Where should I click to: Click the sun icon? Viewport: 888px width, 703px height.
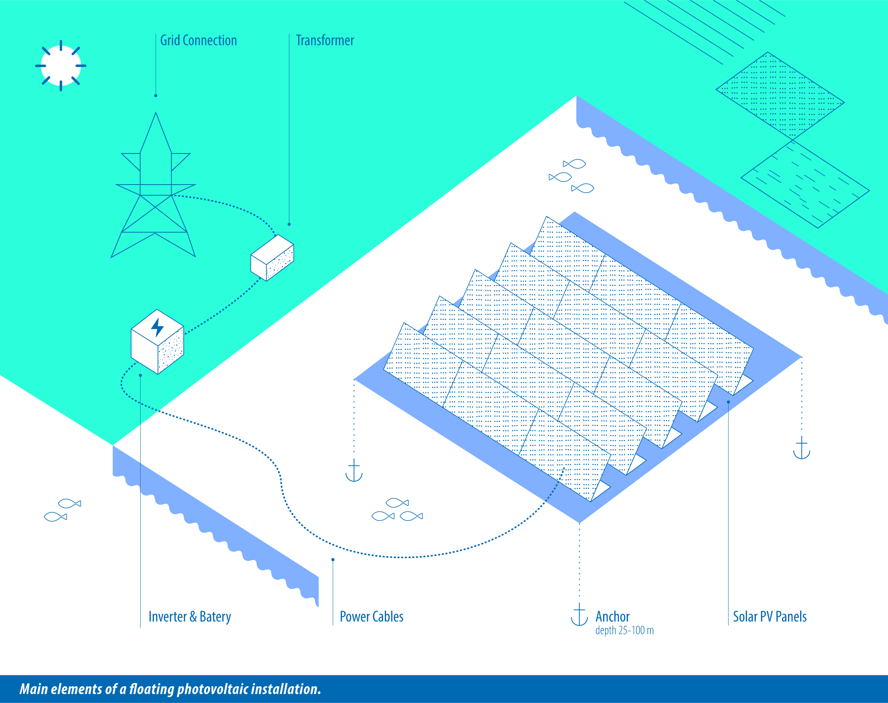[61, 66]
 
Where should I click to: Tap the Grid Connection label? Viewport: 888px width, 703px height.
[199, 40]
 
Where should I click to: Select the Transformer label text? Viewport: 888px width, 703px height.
[325, 40]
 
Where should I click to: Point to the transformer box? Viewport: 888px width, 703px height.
[272, 258]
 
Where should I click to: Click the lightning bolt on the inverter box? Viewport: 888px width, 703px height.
[157, 328]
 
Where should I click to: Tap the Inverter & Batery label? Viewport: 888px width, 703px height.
[190, 617]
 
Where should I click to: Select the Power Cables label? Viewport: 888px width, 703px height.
[372, 617]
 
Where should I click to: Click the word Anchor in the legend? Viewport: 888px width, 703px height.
[612, 617]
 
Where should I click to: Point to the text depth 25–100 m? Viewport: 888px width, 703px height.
[624, 631]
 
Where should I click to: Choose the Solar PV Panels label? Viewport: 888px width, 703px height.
[769, 617]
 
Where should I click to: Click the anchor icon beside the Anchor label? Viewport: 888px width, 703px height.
[579, 614]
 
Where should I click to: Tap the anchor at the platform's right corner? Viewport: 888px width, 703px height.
[802, 448]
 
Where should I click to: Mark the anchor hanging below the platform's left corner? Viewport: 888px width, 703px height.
[354, 470]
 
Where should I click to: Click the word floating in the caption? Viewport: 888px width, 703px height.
[152, 689]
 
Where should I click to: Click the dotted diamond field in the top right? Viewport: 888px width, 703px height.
[780, 96]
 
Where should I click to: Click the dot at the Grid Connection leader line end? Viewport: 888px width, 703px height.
[156, 96]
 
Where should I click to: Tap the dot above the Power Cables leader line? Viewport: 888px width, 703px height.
[333, 560]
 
